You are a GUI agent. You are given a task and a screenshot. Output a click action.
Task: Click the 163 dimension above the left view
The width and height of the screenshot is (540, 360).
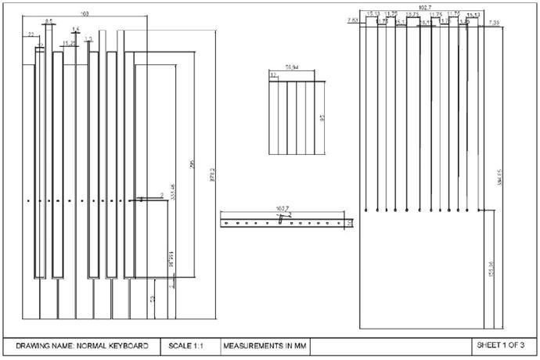click(x=85, y=14)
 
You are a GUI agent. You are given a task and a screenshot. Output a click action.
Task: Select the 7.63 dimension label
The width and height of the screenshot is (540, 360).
click(x=353, y=20)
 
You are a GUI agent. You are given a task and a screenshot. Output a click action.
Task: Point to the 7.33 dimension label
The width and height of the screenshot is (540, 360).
click(x=494, y=23)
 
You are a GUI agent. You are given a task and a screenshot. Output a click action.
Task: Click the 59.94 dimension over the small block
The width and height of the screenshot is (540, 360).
click(x=293, y=68)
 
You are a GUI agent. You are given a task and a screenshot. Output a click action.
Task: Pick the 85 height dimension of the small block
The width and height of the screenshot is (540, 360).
click(x=322, y=118)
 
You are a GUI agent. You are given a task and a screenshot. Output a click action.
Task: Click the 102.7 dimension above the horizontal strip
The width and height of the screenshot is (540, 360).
click(x=283, y=208)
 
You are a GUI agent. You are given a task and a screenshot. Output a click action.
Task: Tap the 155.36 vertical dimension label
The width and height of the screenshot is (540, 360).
click(x=491, y=268)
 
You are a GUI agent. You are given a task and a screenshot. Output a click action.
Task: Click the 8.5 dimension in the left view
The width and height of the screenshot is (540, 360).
click(x=49, y=21)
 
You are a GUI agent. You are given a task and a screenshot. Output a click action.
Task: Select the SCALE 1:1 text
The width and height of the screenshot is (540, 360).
click(x=186, y=345)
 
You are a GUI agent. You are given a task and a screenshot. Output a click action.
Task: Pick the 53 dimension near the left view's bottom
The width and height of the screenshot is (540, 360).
click(x=153, y=299)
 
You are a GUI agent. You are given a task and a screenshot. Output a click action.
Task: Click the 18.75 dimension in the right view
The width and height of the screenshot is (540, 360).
click(x=412, y=14)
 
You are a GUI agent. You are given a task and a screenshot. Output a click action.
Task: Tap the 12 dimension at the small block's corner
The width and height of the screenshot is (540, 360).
click(x=273, y=74)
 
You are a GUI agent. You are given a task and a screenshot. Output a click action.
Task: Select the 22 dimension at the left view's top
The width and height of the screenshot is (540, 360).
click(x=31, y=34)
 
